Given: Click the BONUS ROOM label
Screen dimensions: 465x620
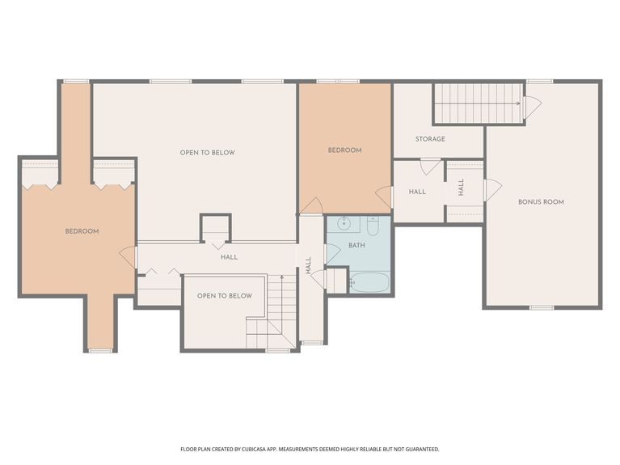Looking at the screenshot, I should (x=541, y=201).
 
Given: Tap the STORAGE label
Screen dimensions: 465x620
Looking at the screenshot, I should (x=430, y=139).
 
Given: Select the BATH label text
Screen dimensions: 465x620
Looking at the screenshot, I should (x=356, y=244).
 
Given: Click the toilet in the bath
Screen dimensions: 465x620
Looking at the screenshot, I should (x=373, y=226).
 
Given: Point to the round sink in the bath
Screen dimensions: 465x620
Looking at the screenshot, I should (x=343, y=225).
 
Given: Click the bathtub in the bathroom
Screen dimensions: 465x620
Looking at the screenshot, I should (x=369, y=282).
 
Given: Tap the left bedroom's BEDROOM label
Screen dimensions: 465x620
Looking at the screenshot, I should (x=82, y=231).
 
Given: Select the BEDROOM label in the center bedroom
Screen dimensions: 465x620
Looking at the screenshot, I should (x=344, y=150).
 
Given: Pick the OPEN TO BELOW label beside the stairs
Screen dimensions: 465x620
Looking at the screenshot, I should (x=225, y=296).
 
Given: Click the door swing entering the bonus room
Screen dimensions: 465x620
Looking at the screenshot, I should (x=491, y=190).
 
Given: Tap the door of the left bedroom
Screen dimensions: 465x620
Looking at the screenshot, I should (x=129, y=257).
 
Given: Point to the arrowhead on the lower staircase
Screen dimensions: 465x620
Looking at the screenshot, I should (x=281, y=277).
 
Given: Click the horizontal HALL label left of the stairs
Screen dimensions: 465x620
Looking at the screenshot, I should (x=230, y=257).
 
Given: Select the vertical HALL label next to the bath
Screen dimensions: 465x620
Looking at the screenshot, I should (x=309, y=264).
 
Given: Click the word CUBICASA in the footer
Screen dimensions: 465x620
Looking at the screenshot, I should (x=268, y=448).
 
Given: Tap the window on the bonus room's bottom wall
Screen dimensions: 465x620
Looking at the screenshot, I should (x=541, y=307).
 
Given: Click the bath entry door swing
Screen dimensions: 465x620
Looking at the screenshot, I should (x=331, y=253).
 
